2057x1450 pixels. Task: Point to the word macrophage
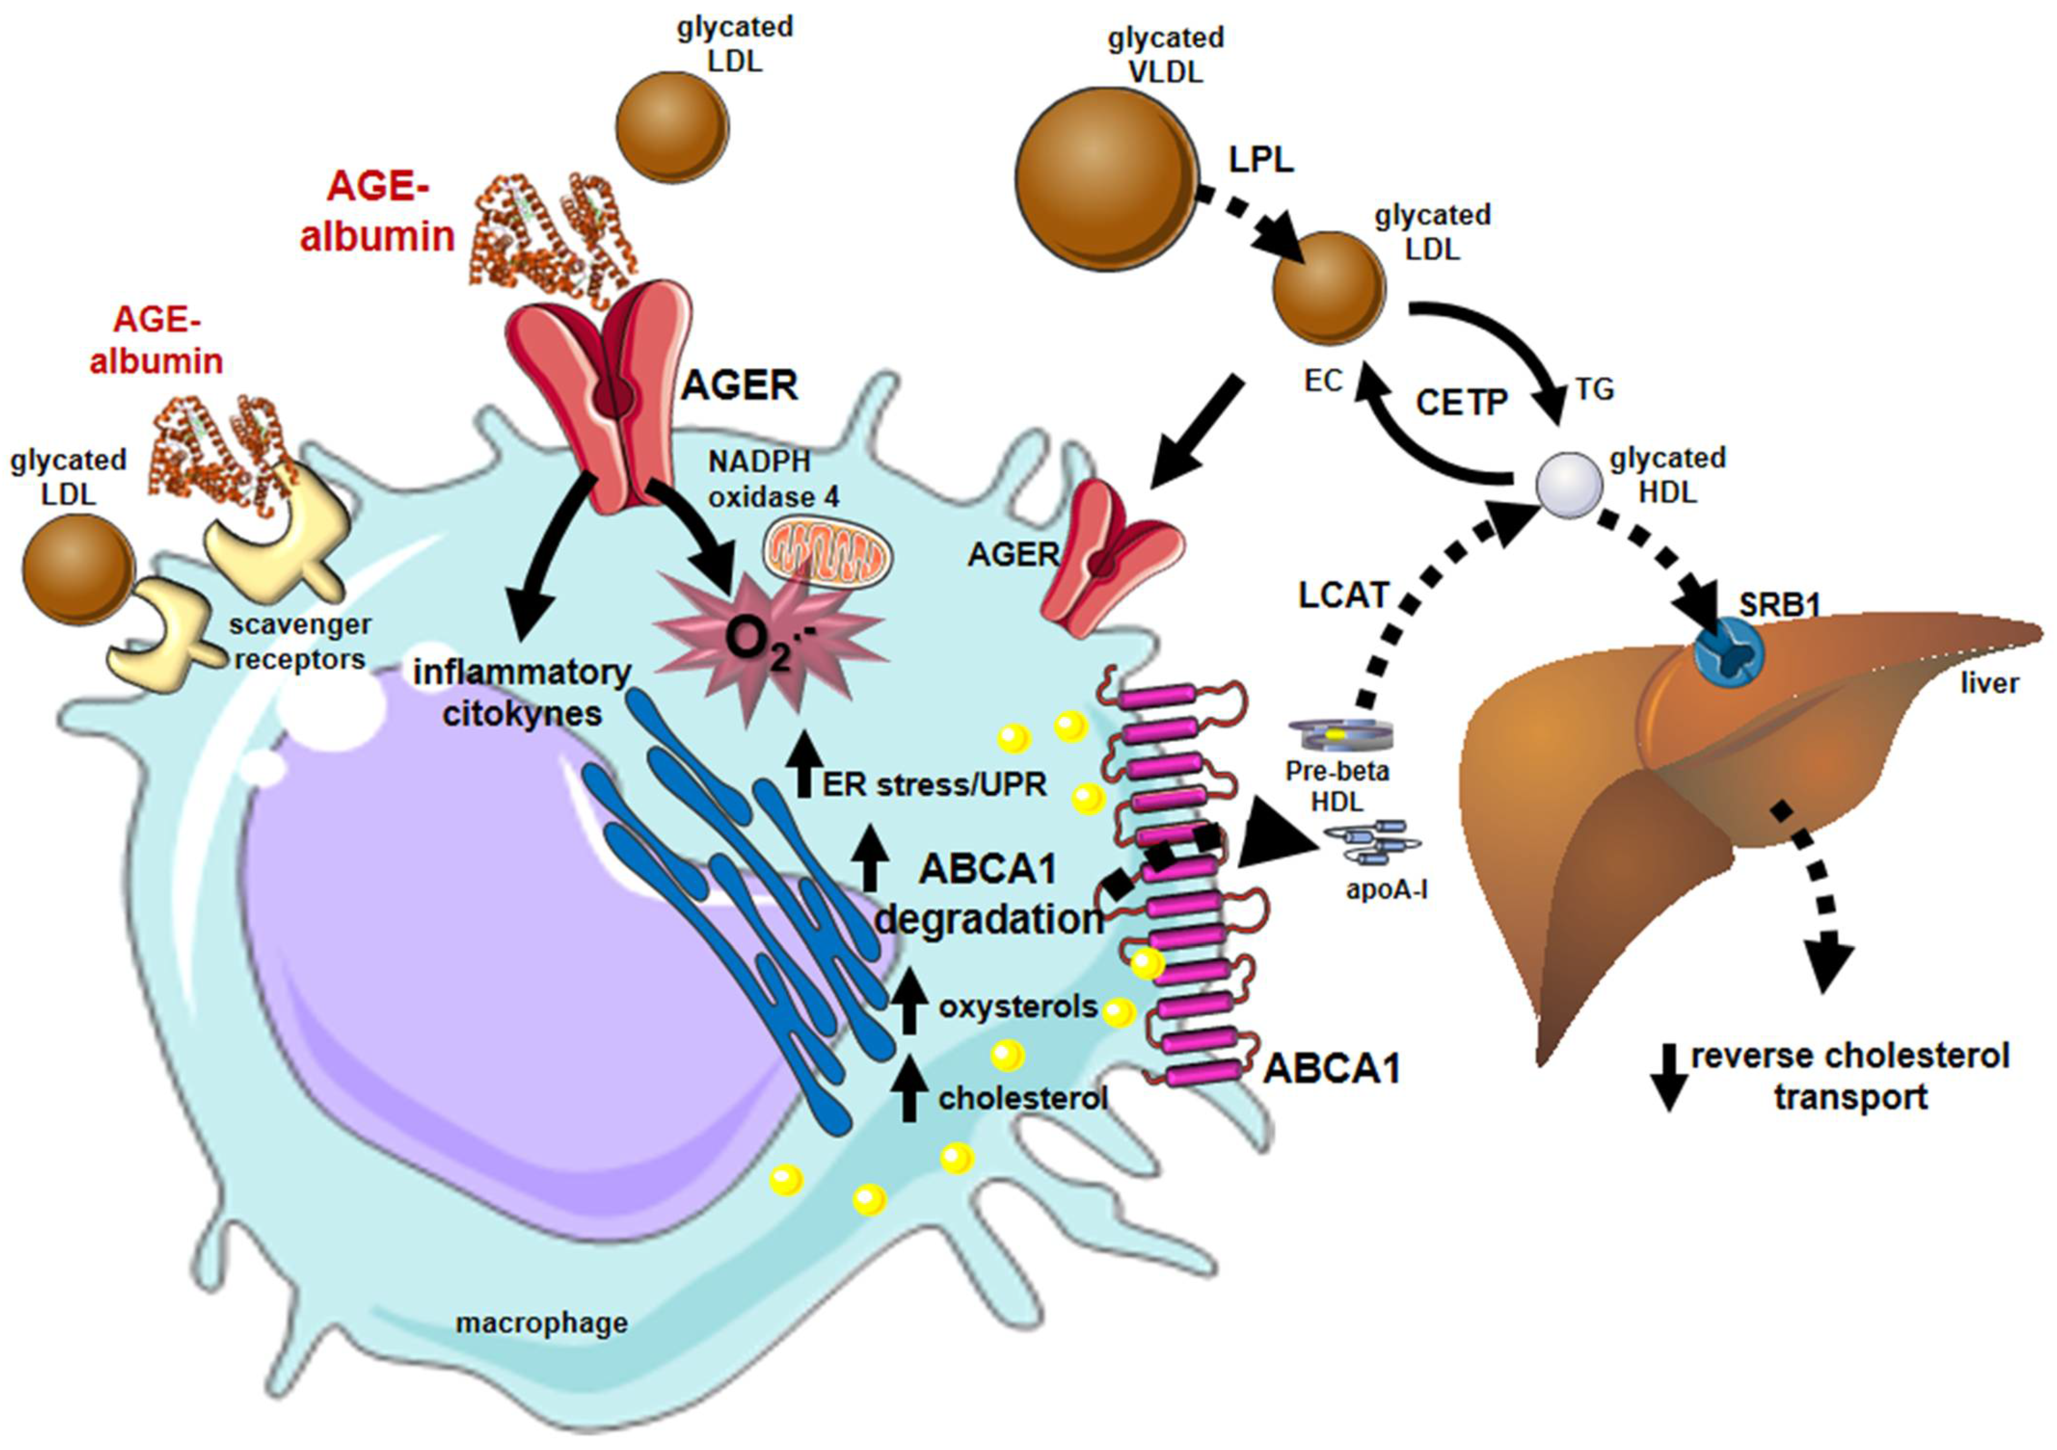541,1323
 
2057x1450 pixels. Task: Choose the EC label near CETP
1323,381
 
